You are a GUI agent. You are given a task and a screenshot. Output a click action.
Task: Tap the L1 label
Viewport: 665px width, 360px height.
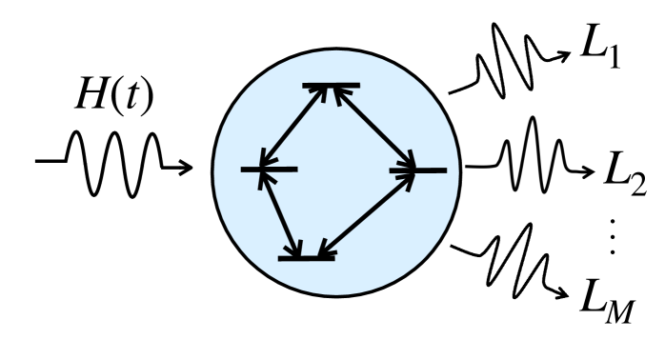coord(603,55)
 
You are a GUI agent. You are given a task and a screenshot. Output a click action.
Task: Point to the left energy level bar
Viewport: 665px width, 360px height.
coord(270,170)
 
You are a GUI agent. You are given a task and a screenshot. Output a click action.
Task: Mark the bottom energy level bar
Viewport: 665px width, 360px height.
coord(306,256)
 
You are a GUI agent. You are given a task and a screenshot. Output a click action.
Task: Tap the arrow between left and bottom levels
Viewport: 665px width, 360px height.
coord(282,214)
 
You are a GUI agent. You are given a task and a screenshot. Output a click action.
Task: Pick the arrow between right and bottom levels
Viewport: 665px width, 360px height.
coord(367,213)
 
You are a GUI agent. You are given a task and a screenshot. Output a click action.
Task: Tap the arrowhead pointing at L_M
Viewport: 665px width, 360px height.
coord(569,286)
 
